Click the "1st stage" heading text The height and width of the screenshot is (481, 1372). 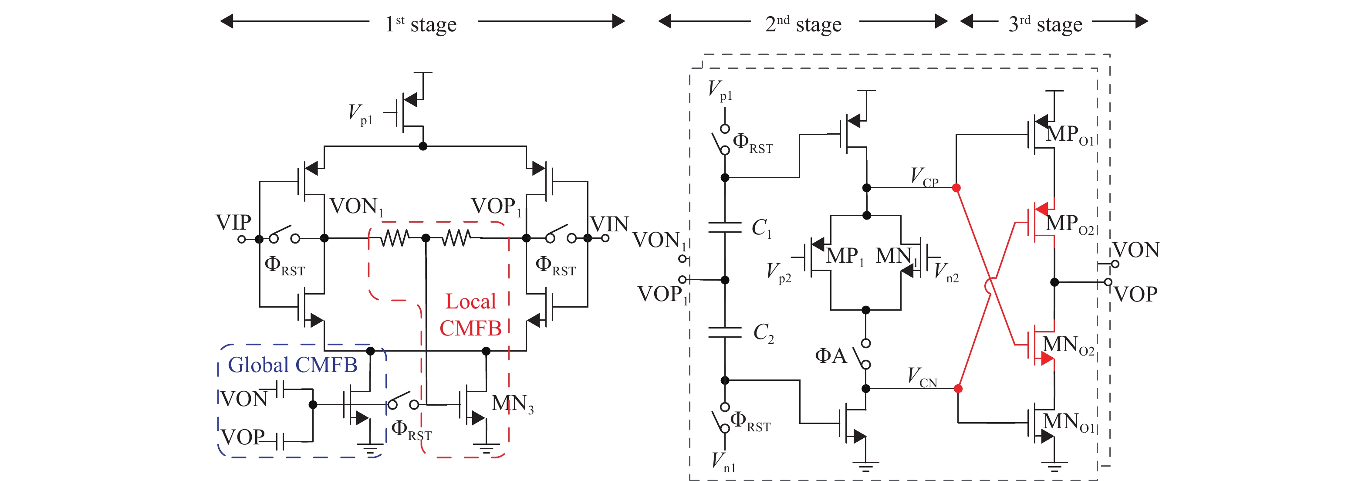[421, 24]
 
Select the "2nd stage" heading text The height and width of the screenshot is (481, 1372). [803, 24]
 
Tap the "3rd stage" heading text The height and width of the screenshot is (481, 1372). [1045, 24]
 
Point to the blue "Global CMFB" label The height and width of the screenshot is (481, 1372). [292, 365]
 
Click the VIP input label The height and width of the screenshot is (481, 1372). [233, 222]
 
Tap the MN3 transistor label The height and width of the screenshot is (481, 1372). [512, 404]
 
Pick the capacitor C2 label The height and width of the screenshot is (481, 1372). [763, 332]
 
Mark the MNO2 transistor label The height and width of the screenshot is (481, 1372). [1068, 345]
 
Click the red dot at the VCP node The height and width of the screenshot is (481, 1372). [956, 187]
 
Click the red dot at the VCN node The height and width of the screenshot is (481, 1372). [958, 388]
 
